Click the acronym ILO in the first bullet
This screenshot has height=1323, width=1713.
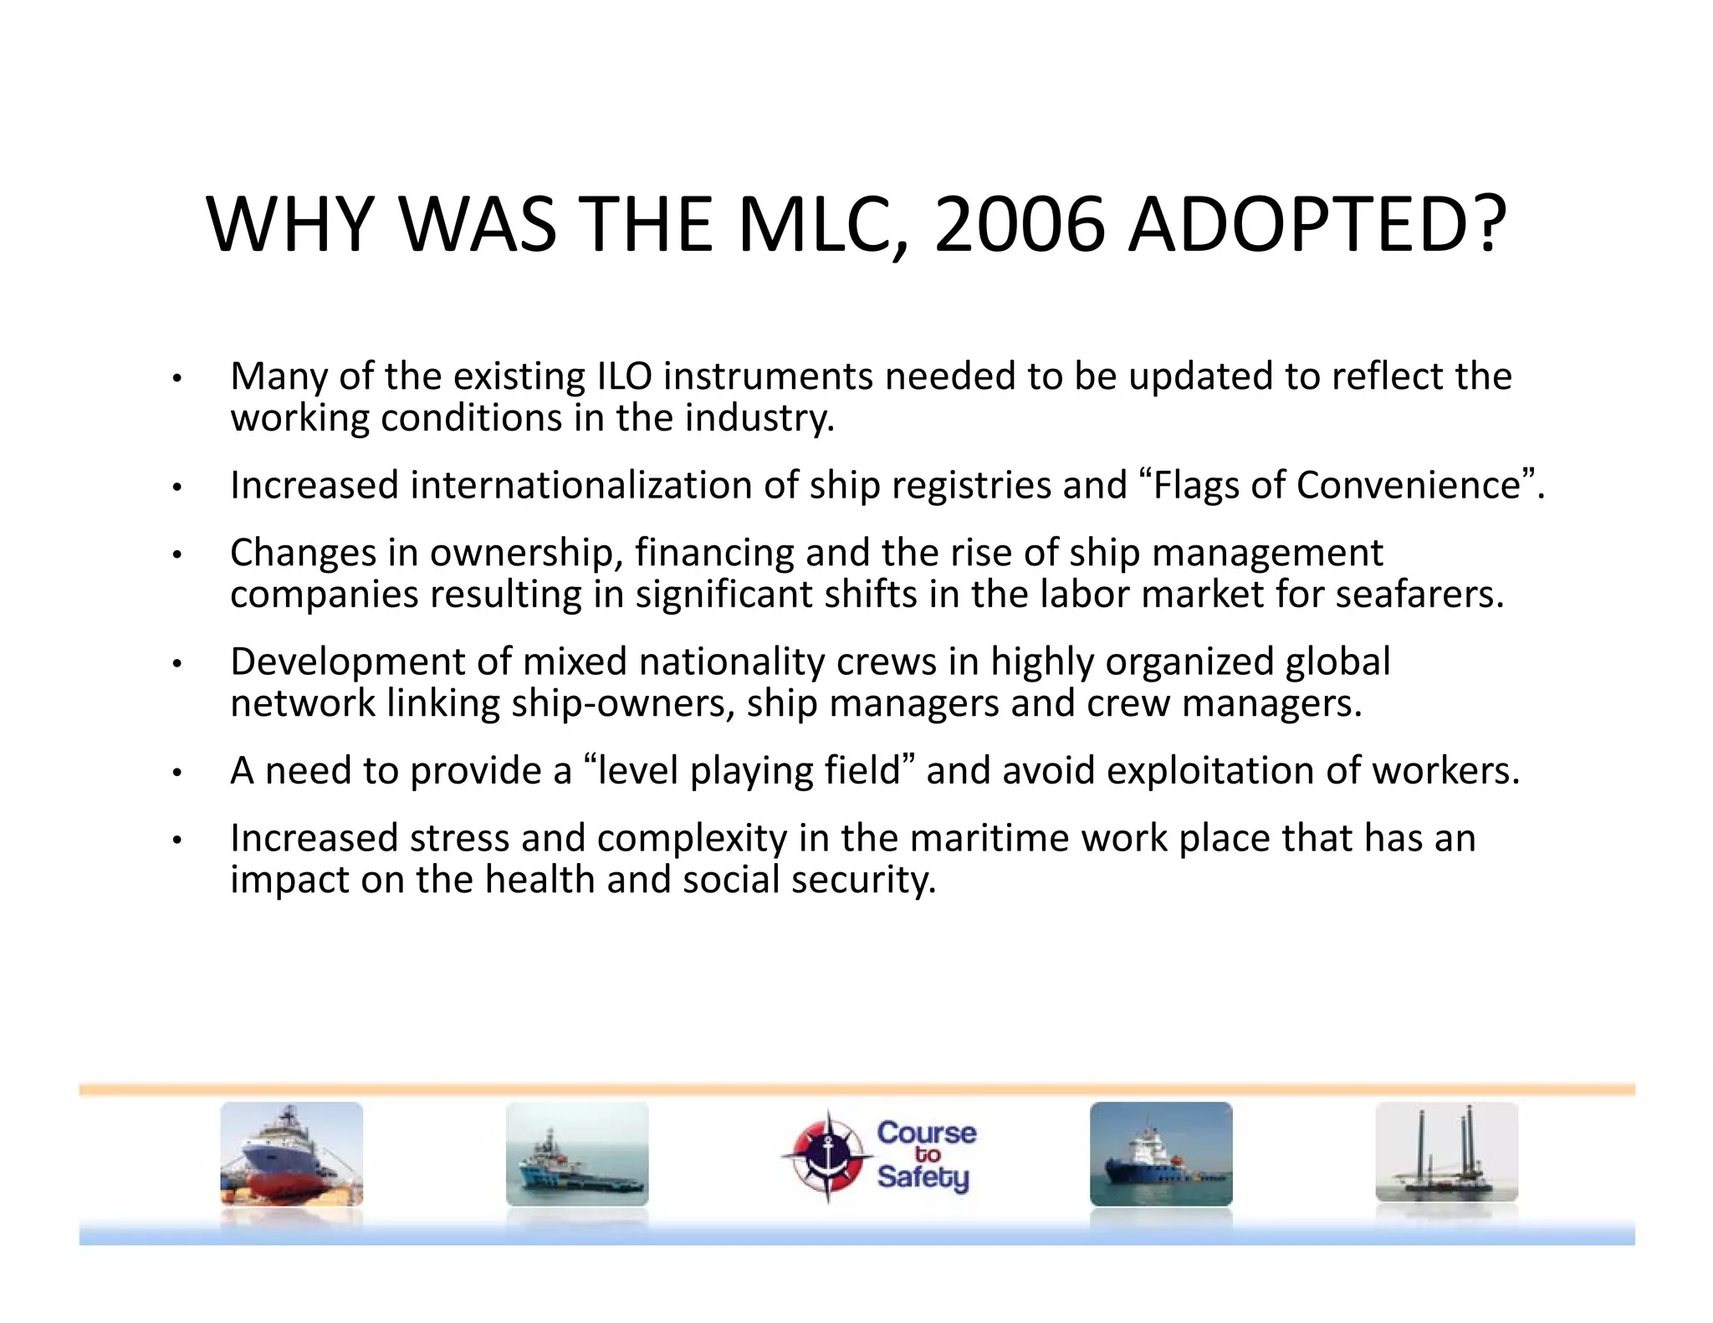pyautogui.click(x=624, y=376)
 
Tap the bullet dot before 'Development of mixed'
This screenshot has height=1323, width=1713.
pyautogui.click(x=176, y=664)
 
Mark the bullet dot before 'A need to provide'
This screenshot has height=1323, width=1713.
pyautogui.click(x=176, y=773)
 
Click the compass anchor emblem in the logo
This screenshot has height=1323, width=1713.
pyautogui.click(x=827, y=1157)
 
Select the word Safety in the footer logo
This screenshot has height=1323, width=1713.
pyautogui.click(x=923, y=1177)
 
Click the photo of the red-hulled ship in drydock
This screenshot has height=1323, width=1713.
pyautogui.click(x=291, y=1154)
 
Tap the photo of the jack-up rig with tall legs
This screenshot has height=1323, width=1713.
pyautogui.click(x=1446, y=1152)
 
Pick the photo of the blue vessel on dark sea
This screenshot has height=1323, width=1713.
pyautogui.click(x=1161, y=1154)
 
